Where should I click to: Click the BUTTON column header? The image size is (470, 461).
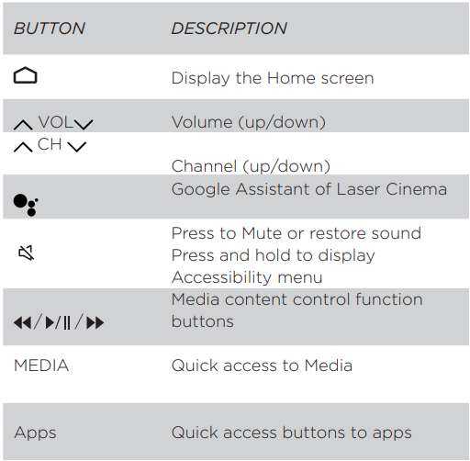click(50, 28)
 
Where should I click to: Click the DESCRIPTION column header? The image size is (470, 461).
click(229, 28)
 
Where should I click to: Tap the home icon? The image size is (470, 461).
click(26, 75)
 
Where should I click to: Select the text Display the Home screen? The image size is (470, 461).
click(273, 78)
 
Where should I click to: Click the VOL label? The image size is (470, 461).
click(56, 122)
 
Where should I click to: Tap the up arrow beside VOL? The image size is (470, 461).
click(23, 125)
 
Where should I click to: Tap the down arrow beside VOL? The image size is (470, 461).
click(84, 125)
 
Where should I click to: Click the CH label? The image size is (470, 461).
click(50, 144)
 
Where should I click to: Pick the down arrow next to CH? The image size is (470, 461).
click(77, 147)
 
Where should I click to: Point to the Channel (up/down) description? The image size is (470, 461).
click(251, 166)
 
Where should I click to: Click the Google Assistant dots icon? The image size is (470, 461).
click(26, 205)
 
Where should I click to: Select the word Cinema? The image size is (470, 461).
click(416, 189)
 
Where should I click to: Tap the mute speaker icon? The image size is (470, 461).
click(27, 253)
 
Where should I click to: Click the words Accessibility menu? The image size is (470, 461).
click(247, 277)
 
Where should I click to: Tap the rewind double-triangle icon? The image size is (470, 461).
click(23, 322)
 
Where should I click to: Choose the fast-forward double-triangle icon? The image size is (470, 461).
click(95, 322)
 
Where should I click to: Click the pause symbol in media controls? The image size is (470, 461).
click(67, 322)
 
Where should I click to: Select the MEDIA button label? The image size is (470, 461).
click(41, 365)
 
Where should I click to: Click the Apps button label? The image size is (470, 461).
click(35, 433)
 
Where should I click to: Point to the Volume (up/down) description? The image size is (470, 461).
click(249, 122)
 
